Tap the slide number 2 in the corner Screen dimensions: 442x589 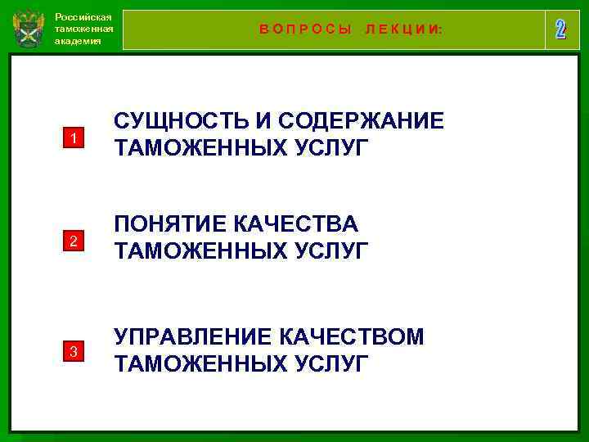[x=560, y=29]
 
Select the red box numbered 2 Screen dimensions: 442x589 [x=73, y=241]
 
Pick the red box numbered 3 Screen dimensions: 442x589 [x=73, y=352]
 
